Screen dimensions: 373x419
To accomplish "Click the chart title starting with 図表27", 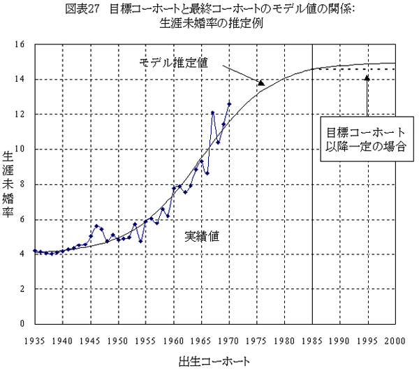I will click(x=210, y=9).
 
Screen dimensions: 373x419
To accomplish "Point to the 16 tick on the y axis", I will click(x=20, y=44).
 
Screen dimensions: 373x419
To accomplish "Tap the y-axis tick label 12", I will click(x=20, y=114).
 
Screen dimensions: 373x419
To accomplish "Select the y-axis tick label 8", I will click(x=22, y=184).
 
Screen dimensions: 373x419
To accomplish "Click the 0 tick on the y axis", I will click(x=22, y=324).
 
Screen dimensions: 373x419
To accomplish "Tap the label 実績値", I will click(x=202, y=236).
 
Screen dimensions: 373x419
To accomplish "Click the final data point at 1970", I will click(x=229, y=104).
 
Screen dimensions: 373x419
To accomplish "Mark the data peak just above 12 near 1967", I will click(x=212, y=112).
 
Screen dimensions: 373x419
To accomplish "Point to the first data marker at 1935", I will click(x=35, y=250).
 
